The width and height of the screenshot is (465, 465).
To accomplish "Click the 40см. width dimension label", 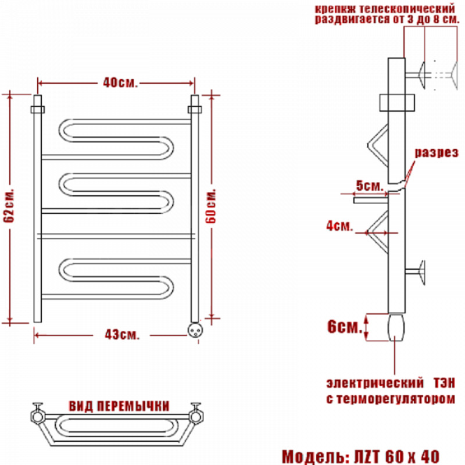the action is click(x=120, y=83).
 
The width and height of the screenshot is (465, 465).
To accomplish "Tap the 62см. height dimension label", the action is click(x=9, y=205).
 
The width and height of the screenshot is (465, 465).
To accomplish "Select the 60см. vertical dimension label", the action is click(x=211, y=206).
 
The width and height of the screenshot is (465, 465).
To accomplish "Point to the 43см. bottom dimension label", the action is click(x=122, y=335).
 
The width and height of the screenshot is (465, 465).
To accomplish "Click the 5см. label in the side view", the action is click(x=370, y=185).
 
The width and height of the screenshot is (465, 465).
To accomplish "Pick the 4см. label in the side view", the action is click(x=339, y=226).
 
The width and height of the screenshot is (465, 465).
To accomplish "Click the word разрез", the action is click(x=437, y=152).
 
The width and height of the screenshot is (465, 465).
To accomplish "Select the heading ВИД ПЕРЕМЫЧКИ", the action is click(x=119, y=406).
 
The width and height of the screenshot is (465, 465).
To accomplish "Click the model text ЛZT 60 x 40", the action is click(x=397, y=456).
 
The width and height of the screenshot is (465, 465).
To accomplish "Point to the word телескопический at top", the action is click(x=406, y=8).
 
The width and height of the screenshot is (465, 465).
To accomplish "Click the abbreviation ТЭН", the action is click(x=444, y=383).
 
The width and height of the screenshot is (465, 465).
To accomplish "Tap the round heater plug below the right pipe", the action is click(x=195, y=330).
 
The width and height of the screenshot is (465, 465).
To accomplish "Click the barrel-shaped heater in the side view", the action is click(x=396, y=327).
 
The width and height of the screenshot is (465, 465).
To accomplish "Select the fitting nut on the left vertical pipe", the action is click(x=38, y=109).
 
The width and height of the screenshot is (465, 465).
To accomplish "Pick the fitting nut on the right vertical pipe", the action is click(x=195, y=109).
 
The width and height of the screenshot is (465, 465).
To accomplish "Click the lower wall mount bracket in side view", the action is click(x=416, y=272).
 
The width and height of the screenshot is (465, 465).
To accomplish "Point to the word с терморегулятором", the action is click(x=391, y=399).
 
